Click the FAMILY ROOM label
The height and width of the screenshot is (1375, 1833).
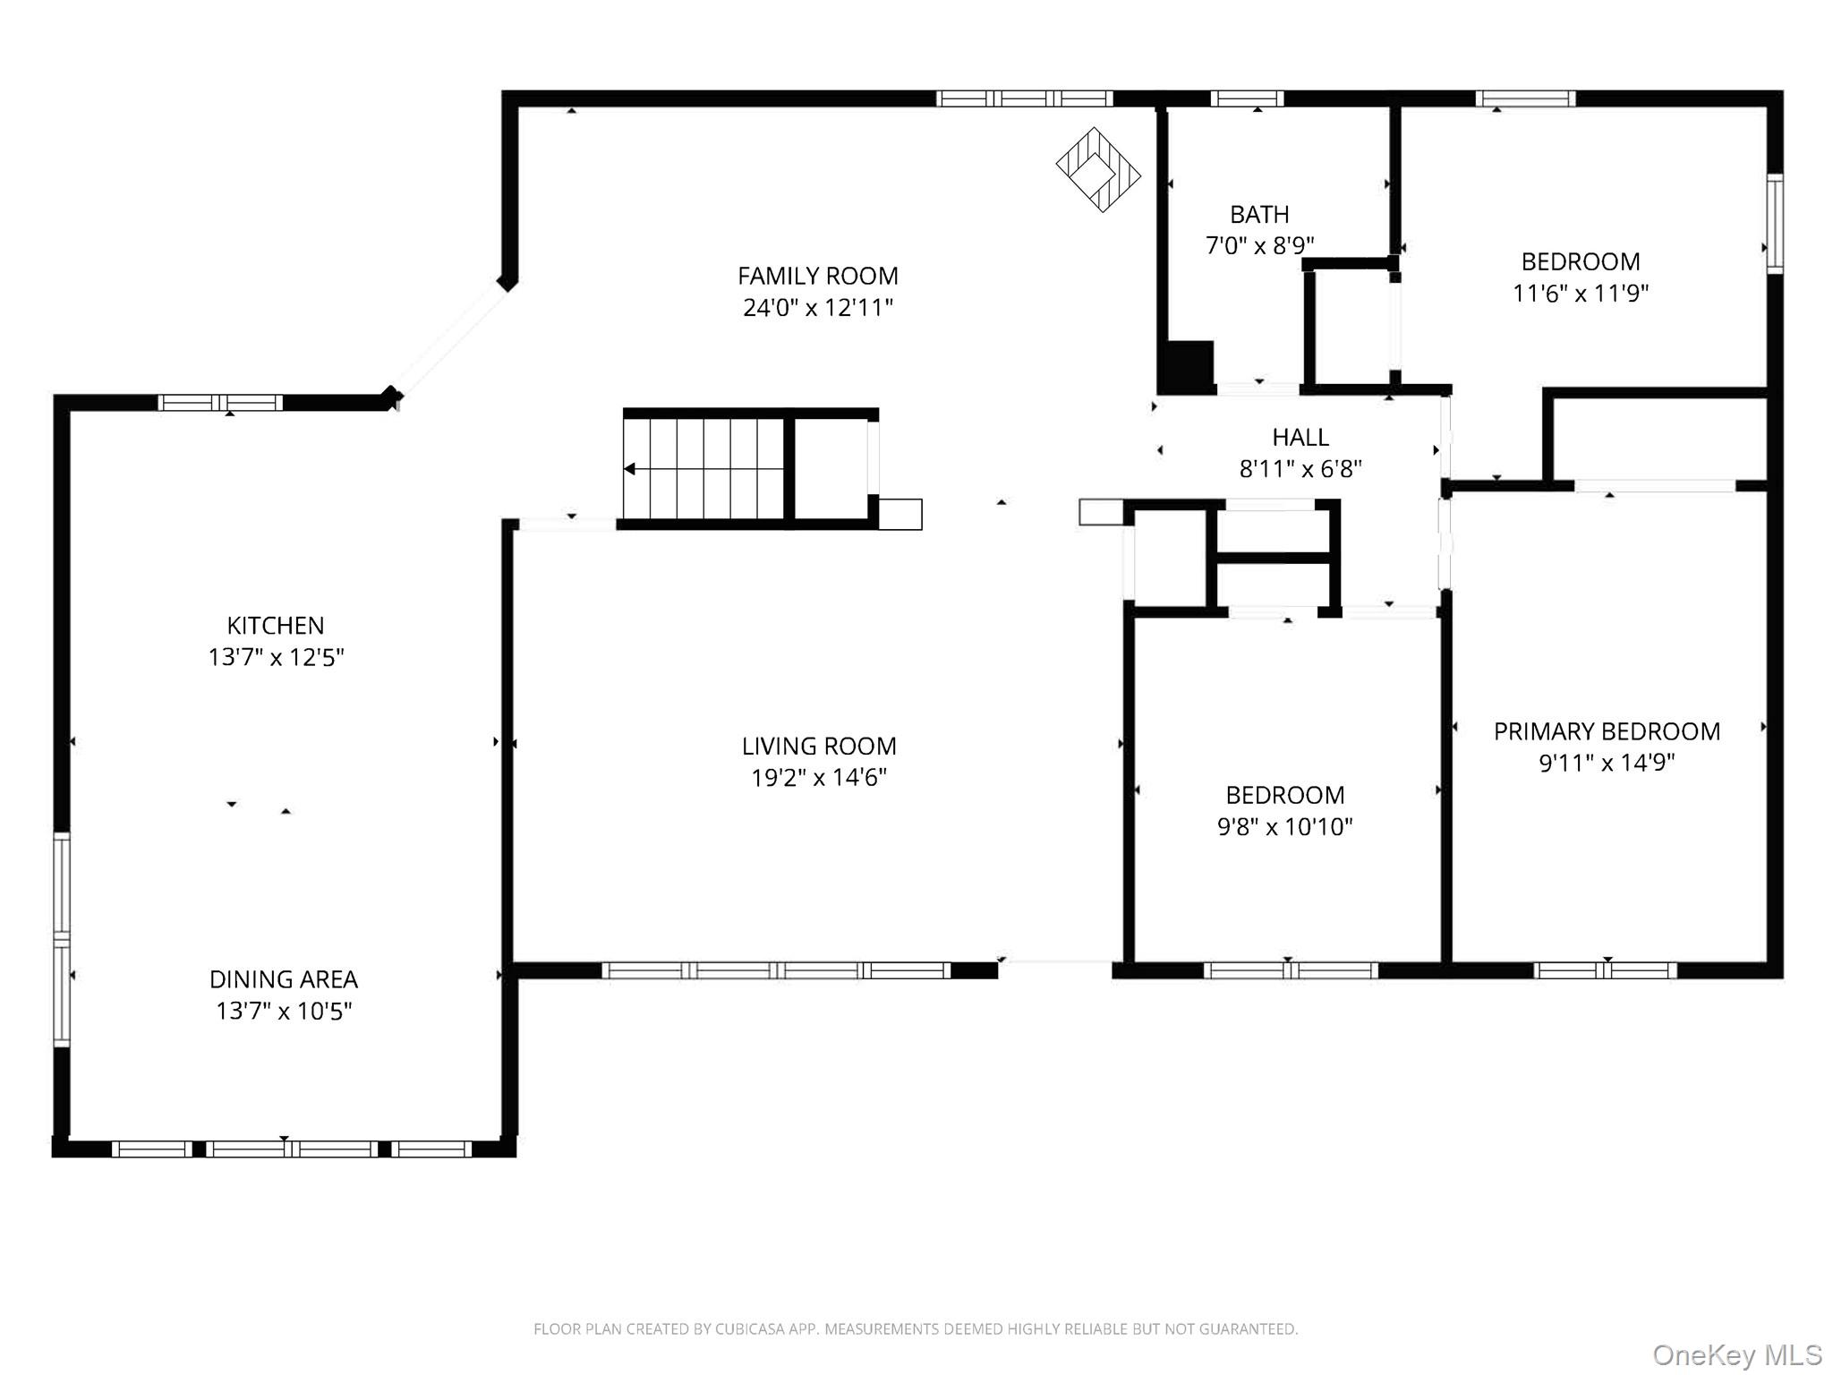(x=818, y=276)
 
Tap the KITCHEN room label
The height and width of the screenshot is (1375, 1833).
(x=276, y=625)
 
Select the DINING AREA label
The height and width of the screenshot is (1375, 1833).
(x=284, y=978)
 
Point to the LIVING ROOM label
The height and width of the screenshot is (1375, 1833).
(x=819, y=746)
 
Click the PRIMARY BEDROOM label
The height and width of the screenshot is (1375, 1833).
(x=1607, y=731)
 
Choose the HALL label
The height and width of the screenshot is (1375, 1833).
(x=1300, y=437)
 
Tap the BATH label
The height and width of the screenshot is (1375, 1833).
(x=1259, y=215)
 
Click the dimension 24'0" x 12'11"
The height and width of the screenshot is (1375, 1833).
(x=818, y=308)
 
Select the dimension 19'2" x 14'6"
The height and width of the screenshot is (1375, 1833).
(x=819, y=777)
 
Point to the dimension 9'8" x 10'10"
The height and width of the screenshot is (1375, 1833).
(x=1284, y=826)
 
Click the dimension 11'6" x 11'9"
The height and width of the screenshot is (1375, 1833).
(x=1581, y=294)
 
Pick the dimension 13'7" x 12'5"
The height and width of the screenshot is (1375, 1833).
(x=276, y=657)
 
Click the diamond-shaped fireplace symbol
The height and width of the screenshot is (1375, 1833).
(x=1098, y=169)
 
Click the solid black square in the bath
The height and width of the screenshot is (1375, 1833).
(x=1186, y=367)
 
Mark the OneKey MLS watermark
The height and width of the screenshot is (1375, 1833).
(x=1736, y=1355)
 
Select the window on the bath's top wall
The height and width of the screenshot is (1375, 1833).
(x=1247, y=98)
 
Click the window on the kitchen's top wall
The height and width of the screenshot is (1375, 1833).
(x=221, y=403)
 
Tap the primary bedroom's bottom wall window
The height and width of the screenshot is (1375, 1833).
(x=1606, y=970)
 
